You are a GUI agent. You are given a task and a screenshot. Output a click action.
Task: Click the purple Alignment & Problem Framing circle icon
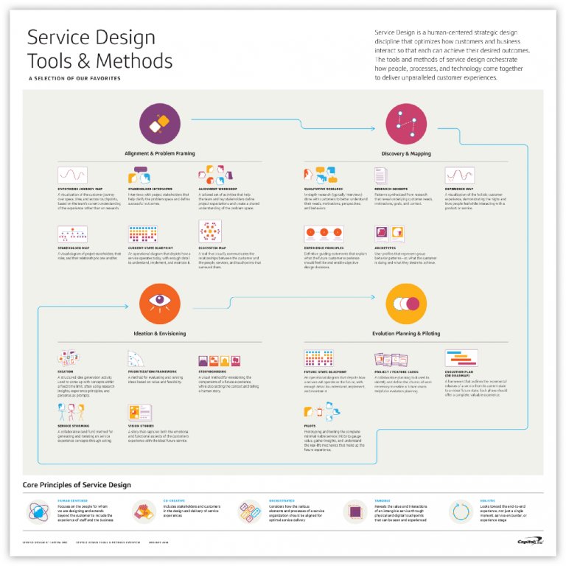[x=160, y=123]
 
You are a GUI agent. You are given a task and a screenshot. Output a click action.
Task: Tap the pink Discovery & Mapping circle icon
[x=406, y=123]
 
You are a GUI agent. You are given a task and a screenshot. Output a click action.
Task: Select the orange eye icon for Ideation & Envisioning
[x=160, y=302]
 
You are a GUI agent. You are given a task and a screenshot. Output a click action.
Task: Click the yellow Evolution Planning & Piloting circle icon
[x=406, y=302]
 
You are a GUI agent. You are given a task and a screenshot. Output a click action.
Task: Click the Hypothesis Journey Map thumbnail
[x=72, y=175]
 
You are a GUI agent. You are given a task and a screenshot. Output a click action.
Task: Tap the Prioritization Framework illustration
[x=140, y=360]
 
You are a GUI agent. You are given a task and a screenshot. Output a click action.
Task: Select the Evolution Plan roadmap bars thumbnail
[x=461, y=360]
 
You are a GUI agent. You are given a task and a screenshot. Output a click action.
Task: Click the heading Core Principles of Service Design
[x=77, y=485]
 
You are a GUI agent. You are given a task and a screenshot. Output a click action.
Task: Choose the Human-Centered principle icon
[x=38, y=511]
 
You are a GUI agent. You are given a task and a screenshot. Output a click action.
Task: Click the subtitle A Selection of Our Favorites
[x=74, y=78]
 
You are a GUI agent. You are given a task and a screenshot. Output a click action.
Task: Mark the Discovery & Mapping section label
[x=406, y=154]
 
